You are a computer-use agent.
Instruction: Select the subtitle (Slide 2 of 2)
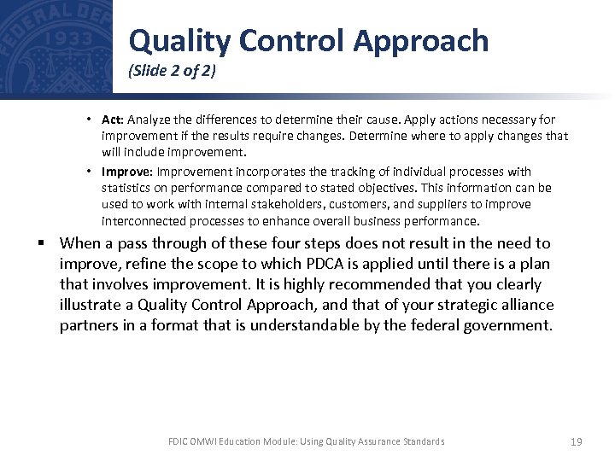[172, 72]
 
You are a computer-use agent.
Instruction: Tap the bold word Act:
[113, 120]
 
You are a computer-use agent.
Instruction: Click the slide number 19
[575, 441]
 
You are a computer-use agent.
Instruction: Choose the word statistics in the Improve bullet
[127, 188]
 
